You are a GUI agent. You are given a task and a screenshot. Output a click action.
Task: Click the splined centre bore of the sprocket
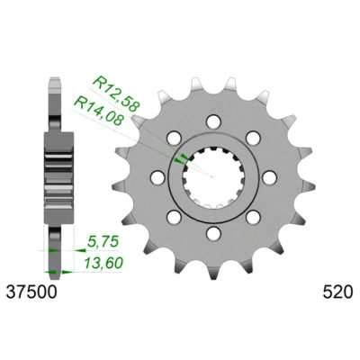tap(214, 175)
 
